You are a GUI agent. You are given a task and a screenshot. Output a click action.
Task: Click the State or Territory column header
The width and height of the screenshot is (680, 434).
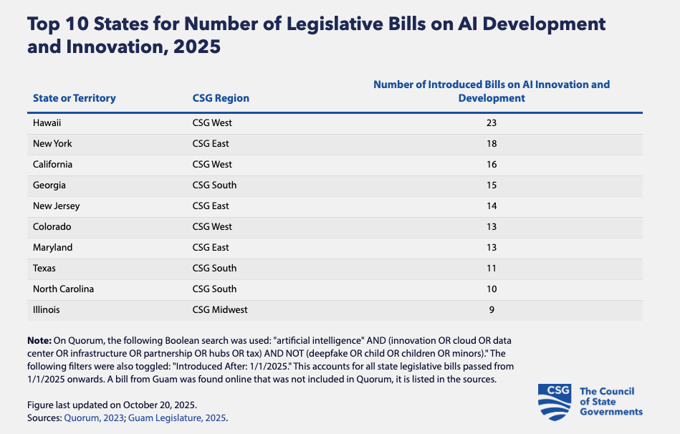[x=74, y=98]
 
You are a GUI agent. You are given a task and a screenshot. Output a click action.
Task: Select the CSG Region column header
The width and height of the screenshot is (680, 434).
[x=221, y=98]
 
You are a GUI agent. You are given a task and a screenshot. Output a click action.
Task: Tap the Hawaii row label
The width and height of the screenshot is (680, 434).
[x=47, y=122]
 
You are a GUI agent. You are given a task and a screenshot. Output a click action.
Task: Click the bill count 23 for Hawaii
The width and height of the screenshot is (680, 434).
[x=492, y=122]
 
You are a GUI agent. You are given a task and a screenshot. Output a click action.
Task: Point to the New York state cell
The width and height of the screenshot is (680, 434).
[x=52, y=143]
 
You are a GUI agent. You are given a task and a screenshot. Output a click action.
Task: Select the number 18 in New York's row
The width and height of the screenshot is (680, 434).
[x=492, y=143]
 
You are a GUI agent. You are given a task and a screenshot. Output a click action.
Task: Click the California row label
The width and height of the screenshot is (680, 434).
[x=52, y=164]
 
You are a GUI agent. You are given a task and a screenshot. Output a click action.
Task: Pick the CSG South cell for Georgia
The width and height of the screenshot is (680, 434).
[x=215, y=185]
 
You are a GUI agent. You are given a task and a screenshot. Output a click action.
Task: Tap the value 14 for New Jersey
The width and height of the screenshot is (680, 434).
[x=492, y=206]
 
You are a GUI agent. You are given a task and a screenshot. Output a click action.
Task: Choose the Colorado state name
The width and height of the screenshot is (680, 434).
[x=52, y=227]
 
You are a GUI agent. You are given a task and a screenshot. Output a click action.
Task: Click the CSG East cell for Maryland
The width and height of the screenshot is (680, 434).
[x=211, y=248]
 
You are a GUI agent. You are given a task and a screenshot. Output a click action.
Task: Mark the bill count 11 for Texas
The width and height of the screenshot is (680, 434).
[x=492, y=269]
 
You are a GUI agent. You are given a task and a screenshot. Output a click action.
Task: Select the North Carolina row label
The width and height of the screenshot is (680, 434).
[x=63, y=289]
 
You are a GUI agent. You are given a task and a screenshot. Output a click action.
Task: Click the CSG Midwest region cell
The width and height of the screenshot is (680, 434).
[x=220, y=310]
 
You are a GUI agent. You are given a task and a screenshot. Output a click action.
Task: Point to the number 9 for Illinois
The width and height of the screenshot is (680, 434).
[x=492, y=310]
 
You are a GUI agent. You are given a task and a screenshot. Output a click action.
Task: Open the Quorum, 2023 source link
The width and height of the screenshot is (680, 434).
[x=94, y=418]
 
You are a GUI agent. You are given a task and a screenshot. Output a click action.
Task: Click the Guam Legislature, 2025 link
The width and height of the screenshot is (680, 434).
[x=177, y=418]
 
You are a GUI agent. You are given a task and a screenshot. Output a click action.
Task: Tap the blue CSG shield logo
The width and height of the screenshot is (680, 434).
[x=554, y=402]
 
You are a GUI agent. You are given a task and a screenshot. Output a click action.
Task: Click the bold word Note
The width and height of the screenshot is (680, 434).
[x=39, y=341]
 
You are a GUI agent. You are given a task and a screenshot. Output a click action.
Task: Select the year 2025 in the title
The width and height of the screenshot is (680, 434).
[x=197, y=47]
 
